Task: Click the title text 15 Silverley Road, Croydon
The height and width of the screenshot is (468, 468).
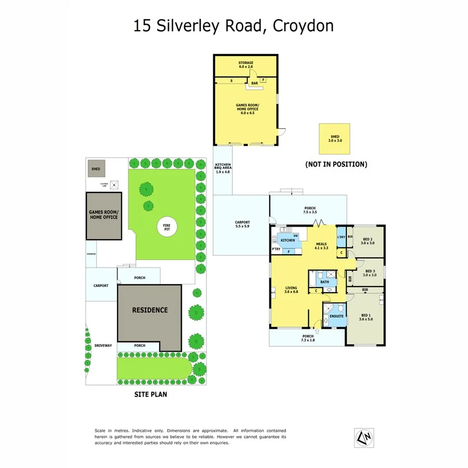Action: (233, 26)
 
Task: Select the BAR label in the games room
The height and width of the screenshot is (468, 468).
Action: (255, 83)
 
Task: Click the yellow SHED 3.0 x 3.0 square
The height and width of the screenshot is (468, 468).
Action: (335, 138)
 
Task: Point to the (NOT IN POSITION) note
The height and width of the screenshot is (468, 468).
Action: (336, 164)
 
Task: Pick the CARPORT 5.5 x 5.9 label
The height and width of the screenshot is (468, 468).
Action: (242, 224)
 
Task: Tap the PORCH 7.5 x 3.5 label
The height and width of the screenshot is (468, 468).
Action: (310, 211)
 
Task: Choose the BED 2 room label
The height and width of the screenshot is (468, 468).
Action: (367, 240)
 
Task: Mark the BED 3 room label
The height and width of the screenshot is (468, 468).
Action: (370, 273)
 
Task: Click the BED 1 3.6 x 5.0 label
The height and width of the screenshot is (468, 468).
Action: (366, 317)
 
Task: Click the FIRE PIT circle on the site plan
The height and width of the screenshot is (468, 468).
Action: (167, 227)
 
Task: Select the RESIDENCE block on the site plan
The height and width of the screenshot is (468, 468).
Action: (150, 310)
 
